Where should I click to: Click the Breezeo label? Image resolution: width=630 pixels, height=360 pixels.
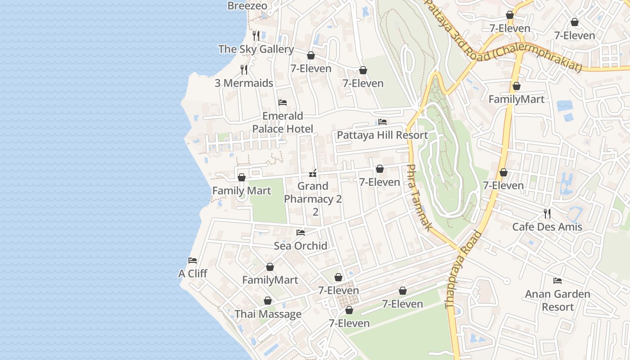tap(247, 6)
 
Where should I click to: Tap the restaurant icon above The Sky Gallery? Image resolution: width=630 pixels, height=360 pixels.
tap(256, 36)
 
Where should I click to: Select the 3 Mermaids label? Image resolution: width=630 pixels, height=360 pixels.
tap(243, 83)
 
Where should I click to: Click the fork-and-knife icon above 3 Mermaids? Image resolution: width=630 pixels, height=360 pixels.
tap(243, 69)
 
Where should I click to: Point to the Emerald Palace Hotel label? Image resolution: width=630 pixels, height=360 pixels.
tap(283, 122)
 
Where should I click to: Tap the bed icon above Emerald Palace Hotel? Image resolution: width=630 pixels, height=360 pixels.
tap(283, 103)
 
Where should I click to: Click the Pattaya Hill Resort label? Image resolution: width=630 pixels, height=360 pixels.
tap(382, 135)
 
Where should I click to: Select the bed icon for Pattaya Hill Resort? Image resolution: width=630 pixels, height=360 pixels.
tap(382, 122)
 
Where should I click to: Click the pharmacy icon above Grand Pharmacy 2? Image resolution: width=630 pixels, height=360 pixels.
tap(313, 173)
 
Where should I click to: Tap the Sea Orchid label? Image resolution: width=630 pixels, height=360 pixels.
tap(300, 246)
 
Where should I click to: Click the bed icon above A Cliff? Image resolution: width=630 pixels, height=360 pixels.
tap(193, 260)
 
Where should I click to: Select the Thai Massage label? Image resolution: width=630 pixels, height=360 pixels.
tap(268, 314)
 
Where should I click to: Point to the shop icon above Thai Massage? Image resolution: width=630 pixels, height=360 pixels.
tap(268, 301)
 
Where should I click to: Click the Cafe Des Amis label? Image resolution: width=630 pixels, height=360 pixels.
tap(547, 227)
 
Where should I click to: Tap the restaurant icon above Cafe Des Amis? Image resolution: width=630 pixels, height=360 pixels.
tap(547, 213)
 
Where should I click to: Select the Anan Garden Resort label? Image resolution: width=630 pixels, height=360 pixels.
tap(558, 301)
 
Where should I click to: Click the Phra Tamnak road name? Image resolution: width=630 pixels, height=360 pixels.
tap(418, 198)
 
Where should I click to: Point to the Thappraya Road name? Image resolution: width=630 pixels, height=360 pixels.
tap(463, 270)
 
